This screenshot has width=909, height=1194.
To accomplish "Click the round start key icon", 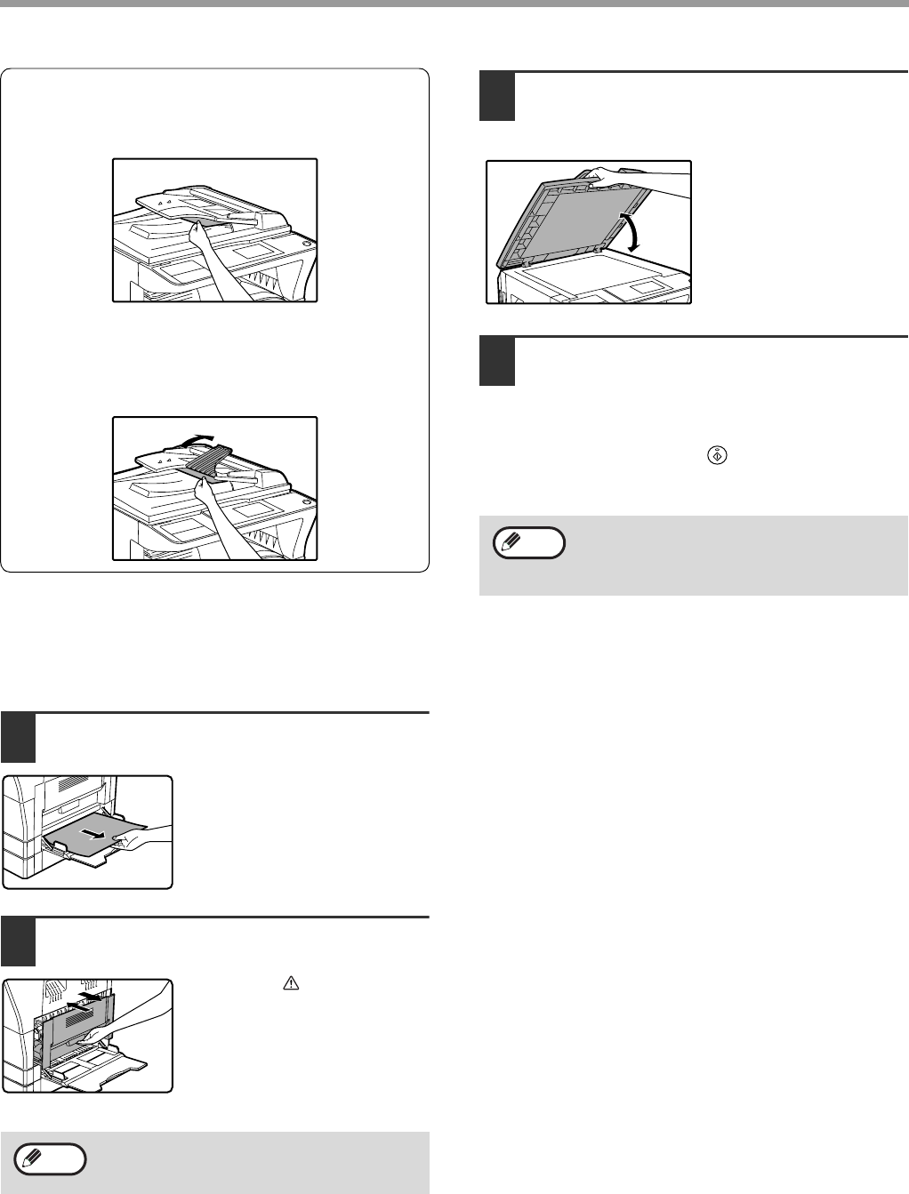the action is (717, 455).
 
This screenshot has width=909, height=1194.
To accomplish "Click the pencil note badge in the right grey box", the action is (528, 542).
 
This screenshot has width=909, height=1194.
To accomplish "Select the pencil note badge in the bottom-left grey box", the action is (50, 1159).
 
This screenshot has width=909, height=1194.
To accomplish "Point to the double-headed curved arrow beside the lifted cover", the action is (634, 233).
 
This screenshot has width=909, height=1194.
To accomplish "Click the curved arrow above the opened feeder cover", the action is (197, 438).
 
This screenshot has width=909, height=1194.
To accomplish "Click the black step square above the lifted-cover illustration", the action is (496, 96).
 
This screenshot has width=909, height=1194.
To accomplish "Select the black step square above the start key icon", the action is (496, 362).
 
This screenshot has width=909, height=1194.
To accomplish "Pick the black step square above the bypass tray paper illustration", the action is (18, 738).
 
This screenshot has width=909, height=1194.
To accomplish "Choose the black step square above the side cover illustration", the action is (18, 942).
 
